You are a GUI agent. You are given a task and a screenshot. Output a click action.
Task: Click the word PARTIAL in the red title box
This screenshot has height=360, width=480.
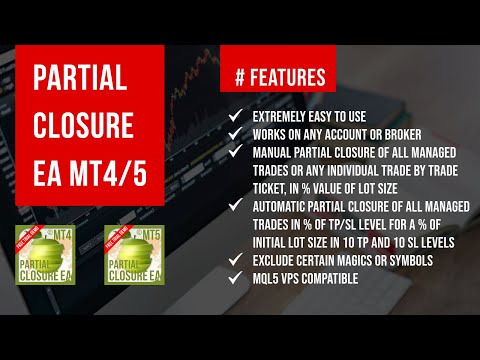click(x=82, y=79)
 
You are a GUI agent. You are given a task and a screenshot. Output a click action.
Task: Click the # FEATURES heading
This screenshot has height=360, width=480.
click(x=279, y=76)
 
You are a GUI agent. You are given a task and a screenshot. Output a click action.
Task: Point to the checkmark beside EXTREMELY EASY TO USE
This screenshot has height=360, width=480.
click(x=235, y=118)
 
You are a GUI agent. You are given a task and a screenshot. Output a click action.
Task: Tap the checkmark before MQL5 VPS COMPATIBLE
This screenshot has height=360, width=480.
click(x=235, y=279)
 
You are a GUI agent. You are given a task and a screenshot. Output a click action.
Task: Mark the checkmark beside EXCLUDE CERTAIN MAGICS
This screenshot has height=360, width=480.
click(x=235, y=262)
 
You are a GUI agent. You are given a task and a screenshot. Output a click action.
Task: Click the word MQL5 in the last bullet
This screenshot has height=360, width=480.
click(x=268, y=279)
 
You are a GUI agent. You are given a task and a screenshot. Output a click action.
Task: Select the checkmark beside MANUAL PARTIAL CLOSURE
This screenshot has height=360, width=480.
click(x=235, y=151)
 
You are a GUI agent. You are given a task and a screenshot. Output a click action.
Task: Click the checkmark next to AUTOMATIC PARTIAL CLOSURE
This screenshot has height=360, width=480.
click(x=235, y=199)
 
